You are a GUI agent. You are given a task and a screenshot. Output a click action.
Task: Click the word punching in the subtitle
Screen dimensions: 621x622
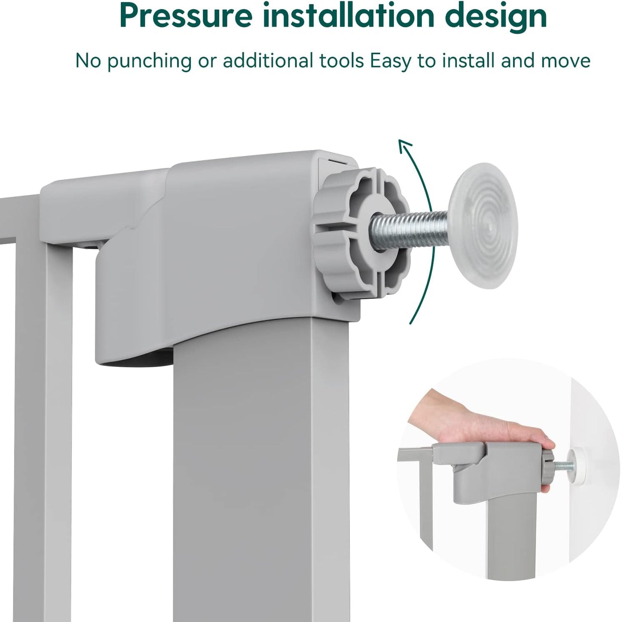[150, 61]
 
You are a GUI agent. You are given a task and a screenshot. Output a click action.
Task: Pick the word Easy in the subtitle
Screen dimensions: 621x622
[391, 62]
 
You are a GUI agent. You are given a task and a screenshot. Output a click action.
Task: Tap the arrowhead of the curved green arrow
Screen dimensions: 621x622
[404, 146]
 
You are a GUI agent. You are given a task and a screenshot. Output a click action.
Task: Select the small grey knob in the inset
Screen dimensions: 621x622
[548, 465]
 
